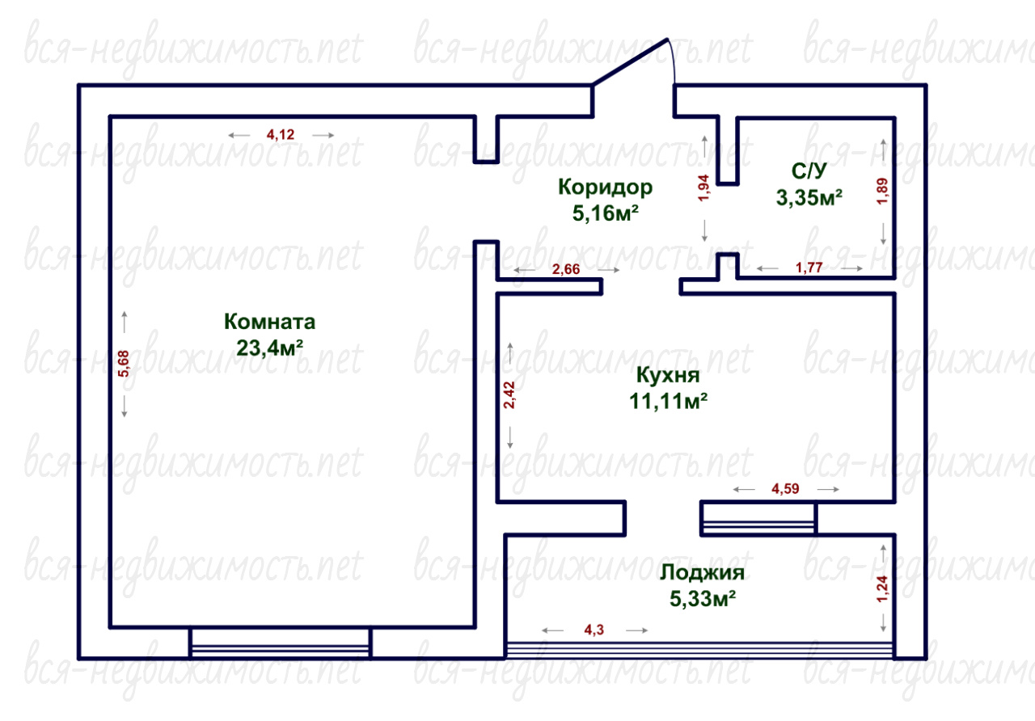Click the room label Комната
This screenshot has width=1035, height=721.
tap(269, 322)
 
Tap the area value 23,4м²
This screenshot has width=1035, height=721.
tap(270, 348)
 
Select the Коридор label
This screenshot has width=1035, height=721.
tap(606, 188)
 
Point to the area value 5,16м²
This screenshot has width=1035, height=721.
tap(606, 213)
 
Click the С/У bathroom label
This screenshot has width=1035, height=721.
tap(809, 171)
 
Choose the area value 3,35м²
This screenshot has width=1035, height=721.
tap(809, 197)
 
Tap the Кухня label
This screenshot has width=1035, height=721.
tap(668, 375)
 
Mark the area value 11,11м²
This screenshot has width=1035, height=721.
tap(668, 401)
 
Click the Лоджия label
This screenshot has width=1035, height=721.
tap(703, 573)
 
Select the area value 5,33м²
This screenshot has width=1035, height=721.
tap(703, 599)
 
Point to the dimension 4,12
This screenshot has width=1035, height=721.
tap(281, 135)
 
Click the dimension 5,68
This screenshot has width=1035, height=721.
tap(124, 364)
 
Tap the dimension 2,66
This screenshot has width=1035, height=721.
tap(566, 269)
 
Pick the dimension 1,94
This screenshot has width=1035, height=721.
tap(703, 188)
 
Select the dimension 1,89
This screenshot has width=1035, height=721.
tap(882, 192)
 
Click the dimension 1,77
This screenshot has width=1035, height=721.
tap(809, 268)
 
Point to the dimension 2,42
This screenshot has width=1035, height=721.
tap(509, 395)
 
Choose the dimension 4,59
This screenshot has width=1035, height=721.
tap(785, 489)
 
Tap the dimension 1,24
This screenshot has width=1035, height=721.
tap(882, 589)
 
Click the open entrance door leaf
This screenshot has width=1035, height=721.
tap(630, 62)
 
